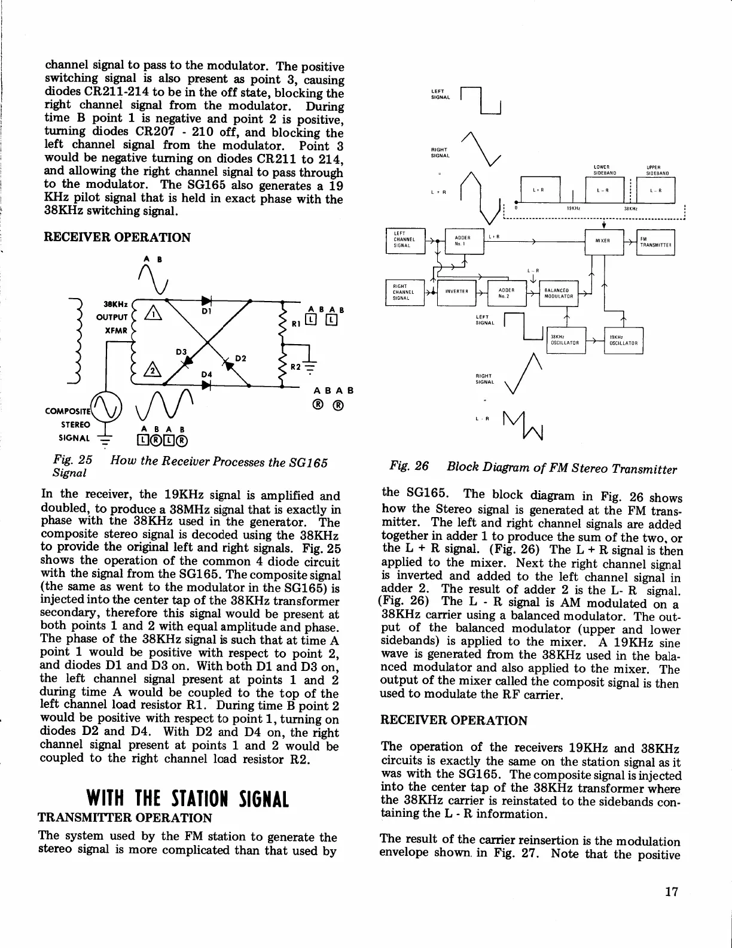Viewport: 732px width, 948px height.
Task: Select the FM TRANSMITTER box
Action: tap(656, 242)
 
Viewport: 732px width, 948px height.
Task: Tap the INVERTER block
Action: tap(456, 292)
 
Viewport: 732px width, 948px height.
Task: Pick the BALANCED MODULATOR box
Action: tap(559, 293)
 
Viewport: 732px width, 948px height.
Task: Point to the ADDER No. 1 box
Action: tap(463, 242)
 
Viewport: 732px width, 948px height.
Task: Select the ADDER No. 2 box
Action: tap(507, 292)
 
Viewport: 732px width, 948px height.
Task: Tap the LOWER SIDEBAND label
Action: tap(601, 169)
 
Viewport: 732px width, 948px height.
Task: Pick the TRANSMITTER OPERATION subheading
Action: tap(125, 818)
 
